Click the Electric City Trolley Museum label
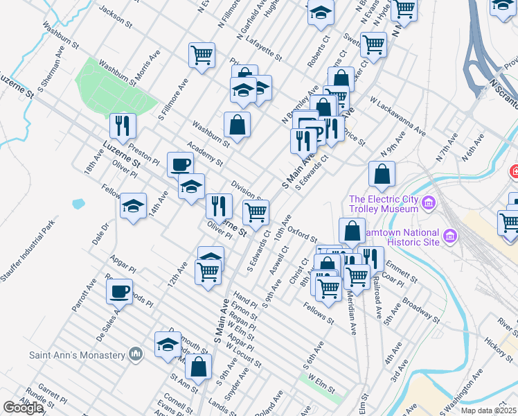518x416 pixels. pyautogui.click(x=385, y=202)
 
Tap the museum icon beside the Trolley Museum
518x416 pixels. pyautogui.click(x=429, y=202)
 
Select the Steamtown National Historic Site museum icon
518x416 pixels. pyautogui.click(x=450, y=236)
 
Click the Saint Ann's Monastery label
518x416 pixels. pyautogui.click(x=77, y=354)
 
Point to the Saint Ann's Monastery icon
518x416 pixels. pyautogui.click(x=136, y=354)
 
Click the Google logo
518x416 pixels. pyautogui.click(x=23, y=408)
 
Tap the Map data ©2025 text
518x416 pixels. pyautogui.click(x=489, y=410)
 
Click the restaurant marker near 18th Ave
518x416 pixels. pyautogui.click(x=123, y=125)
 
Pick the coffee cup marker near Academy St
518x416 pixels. pyautogui.click(x=181, y=164)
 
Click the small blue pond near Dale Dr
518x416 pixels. pyautogui.click(x=78, y=205)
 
